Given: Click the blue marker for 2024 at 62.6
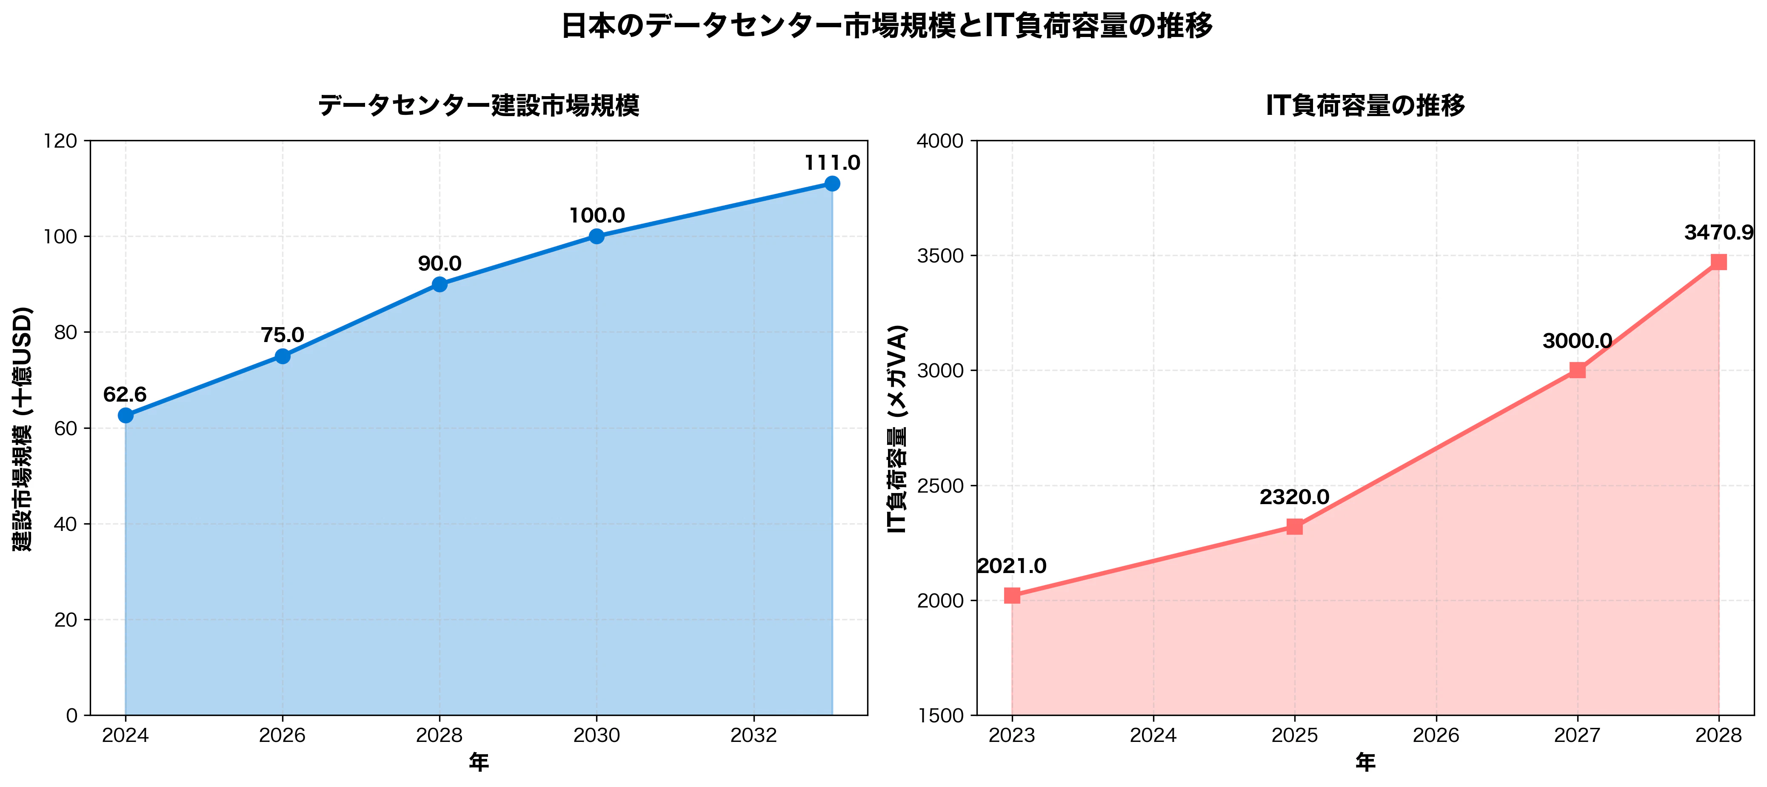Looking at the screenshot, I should [126, 416].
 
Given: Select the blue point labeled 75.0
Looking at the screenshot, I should [283, 356].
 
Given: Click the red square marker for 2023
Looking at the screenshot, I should [1012, 595].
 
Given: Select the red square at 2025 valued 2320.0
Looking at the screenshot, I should [1294, 527].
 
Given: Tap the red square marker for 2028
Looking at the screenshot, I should [1719, 262].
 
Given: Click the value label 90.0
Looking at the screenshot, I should [440, 263].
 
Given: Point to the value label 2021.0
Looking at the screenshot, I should [1012, 566].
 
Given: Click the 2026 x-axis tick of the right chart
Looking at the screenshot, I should [1436, 736].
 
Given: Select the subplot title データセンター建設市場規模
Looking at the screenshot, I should [479, 106].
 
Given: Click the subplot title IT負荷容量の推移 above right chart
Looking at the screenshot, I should [1365, 106].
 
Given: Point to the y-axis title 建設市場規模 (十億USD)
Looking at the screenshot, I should [22, 428].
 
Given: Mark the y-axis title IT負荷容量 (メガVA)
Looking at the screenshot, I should [897, 428].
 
